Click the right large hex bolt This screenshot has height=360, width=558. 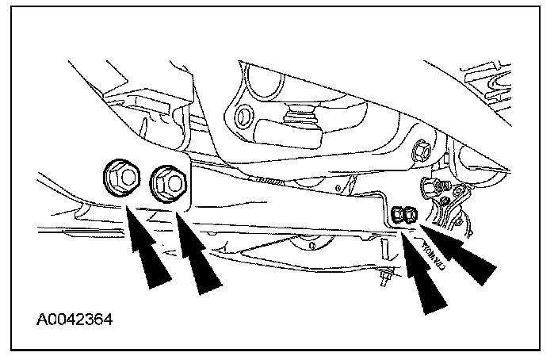(x=168, y=181)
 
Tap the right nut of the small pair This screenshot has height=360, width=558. (x=410, y=214)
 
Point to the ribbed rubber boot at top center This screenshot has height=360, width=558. (x=302, y=119)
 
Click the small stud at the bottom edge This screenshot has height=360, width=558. (x=387, y=277)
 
